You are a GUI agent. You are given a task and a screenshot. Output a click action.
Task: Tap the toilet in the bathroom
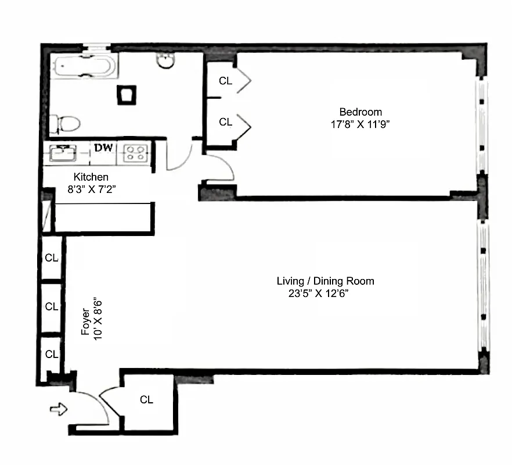pyautogui.click(x=65, y=124)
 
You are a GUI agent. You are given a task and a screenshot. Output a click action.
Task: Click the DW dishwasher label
pyautogui.click(x=103, y=148)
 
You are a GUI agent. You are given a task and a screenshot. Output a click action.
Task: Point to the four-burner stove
pyautogui.click(x=135, y=153)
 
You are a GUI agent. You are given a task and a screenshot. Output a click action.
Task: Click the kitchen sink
pyautogui.click(x=62, y=153)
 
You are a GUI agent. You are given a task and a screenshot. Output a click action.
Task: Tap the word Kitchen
pyautogui.click(x=91, y=177)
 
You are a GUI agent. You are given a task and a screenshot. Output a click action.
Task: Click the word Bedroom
pyautogui.click(x=360, y=112)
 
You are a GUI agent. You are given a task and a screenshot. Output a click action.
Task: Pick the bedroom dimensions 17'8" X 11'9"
pyautogui.click(x=360, y=123)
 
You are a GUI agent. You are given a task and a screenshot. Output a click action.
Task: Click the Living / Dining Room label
pyautogui.click(x=325, y=281)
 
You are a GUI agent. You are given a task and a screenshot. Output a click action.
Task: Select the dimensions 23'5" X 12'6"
pyautogui.click(x=322, y=294)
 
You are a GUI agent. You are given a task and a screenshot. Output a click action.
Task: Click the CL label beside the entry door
pyautogui.click(x=146, y=400)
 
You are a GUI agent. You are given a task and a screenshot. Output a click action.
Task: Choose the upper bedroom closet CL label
pyautogui.click(x=225, y=81)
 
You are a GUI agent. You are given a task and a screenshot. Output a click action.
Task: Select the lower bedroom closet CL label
pyautogui.click(x=225, y=122)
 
